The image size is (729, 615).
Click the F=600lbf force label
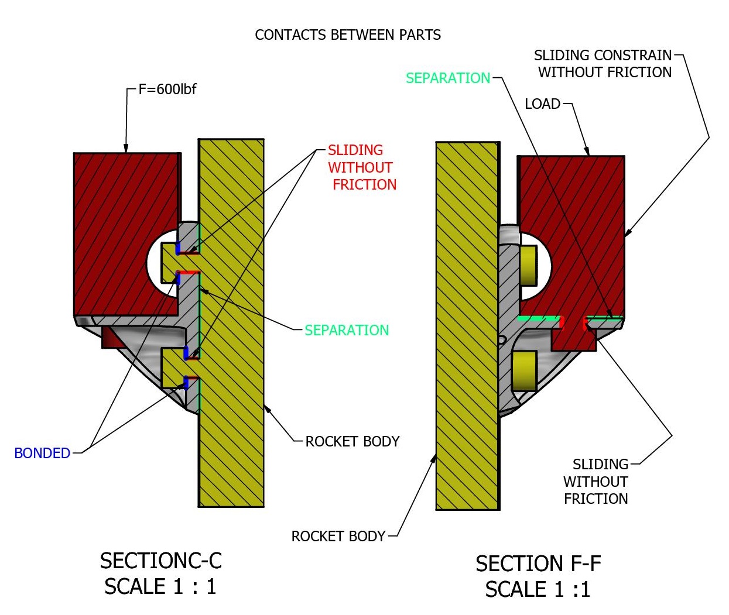click(x=167, y=90)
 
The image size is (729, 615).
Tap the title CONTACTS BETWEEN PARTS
click(x=348, y=35)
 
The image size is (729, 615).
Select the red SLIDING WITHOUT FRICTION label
click(x=361, y=167)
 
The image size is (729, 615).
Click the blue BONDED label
click(x=42, y=453)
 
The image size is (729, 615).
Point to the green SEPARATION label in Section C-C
click(x=347, y=331)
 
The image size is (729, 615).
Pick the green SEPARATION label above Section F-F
click(x=448, y=78)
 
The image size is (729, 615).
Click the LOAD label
click(x=542, y=104)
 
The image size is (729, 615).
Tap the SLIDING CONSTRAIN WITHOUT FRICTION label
click(x=604, y=64)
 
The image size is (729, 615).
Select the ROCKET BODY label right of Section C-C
click(x=352, y=442)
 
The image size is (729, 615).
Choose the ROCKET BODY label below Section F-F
click(x=338, y=537)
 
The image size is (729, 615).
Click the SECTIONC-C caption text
click(x=161, y=561)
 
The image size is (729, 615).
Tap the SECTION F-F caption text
click(x=538, y=564)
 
